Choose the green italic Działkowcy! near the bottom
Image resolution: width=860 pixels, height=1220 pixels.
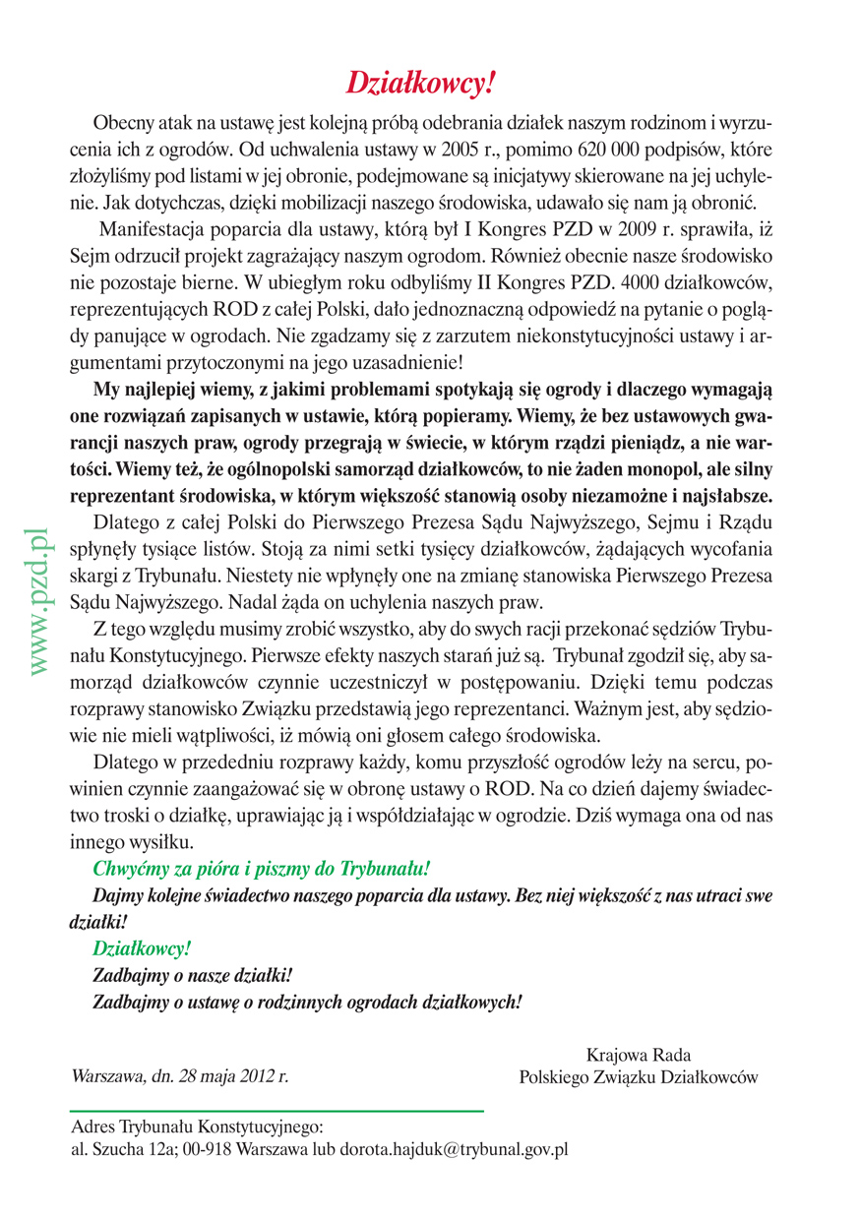click(141, 949)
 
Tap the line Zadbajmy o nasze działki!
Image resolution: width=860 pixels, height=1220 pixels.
click(192, 976)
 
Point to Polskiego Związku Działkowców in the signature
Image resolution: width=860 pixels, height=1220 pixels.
click(639, 1077)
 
